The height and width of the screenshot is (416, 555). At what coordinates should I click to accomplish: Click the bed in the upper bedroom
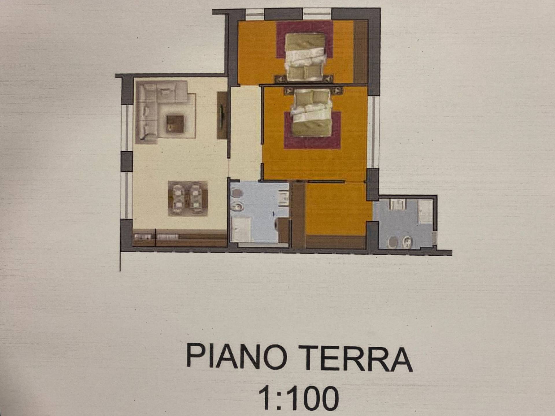point(305,56)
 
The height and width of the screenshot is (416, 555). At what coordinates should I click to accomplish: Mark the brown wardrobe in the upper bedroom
point(360,52)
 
